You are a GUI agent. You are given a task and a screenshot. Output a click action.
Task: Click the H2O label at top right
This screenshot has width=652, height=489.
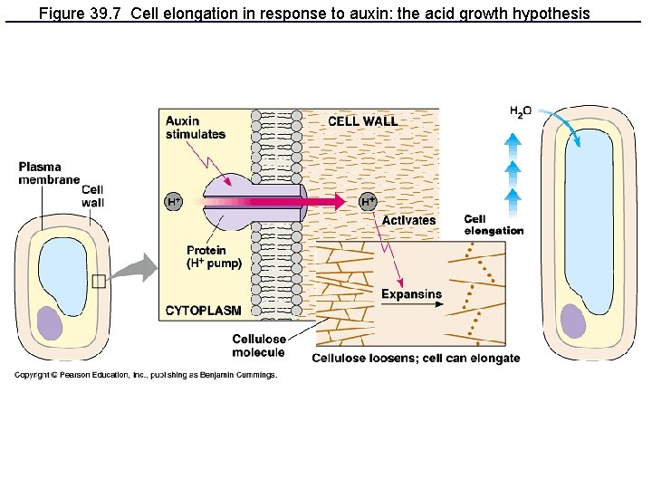tap(520, 111)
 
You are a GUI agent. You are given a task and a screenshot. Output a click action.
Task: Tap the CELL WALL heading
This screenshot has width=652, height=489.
tap(362, 121)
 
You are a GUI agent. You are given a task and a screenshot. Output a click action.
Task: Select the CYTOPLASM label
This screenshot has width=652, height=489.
tap(204, 311)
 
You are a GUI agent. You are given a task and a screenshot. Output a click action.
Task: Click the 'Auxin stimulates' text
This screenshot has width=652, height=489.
tap(195, 128)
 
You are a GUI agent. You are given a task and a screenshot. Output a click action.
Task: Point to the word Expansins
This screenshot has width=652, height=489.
tap(411, 293)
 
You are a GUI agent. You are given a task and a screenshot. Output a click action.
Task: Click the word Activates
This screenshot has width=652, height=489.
tap(408, 220)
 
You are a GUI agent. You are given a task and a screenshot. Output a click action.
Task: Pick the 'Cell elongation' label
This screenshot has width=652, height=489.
tap(494, 225)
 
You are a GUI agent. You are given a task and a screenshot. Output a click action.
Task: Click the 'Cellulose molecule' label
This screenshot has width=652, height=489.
tap(259, 345)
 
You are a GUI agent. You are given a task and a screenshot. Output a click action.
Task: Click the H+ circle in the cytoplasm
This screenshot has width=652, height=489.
tap(174, 202)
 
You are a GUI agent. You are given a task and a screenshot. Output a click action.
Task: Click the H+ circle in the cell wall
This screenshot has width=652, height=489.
tap(369, 202)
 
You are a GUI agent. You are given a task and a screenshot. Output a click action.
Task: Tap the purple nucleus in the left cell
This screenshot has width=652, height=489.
tap(51, 323)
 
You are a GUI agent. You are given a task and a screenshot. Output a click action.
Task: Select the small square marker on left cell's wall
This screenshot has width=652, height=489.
tap(98, 281)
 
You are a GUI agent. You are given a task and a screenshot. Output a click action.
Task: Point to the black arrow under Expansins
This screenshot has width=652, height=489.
tap(413, 305)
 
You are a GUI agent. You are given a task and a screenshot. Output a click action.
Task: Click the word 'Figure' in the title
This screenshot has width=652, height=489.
tap(60, 13)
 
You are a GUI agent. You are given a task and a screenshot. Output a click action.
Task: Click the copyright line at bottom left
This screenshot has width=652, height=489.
tap(145, 374)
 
